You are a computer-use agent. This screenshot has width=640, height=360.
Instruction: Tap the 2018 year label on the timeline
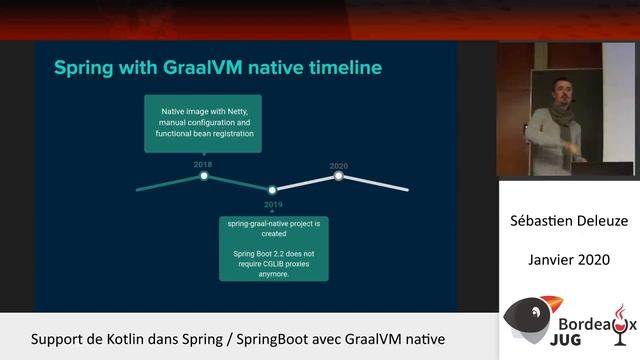(204, 163)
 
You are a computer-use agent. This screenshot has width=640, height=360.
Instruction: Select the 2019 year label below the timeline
(272, 204)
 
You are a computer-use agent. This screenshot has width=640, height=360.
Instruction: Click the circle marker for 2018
(204, 175)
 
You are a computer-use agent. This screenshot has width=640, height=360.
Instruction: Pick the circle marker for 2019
(272, 189)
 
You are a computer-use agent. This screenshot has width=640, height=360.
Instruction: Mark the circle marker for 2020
(339, 175)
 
